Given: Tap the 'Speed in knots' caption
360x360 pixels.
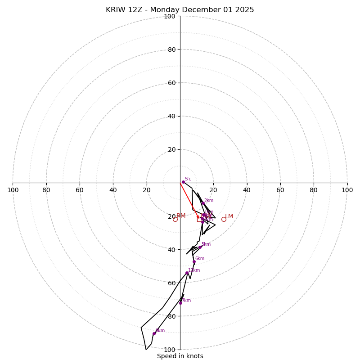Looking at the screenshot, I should click(x=180, y=356).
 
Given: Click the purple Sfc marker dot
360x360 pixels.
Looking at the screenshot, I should click(x=183, y=182).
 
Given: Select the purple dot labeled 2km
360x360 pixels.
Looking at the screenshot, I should click(x=203, y=203).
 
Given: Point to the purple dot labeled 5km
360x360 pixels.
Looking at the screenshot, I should click(x=200, y=247).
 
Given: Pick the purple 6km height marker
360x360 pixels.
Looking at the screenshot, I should click(x=194, y=261).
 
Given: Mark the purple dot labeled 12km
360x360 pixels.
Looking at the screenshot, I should click(x=187, y=273).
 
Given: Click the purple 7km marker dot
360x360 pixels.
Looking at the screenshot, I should click(x=180, y=303).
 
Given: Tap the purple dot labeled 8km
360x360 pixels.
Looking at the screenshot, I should click(x=154, y=333).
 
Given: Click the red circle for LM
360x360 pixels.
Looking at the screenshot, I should click(x=224, y=219).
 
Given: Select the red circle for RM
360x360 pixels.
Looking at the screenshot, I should click(x=175, y=219).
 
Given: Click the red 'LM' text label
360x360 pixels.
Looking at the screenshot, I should click(x=229, y=216).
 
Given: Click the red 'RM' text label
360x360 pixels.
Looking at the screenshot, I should click(x=181, y=216).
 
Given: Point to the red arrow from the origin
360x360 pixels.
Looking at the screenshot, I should click(x=189, y=200).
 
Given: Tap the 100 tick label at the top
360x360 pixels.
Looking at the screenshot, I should click(x=169, y=16).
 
